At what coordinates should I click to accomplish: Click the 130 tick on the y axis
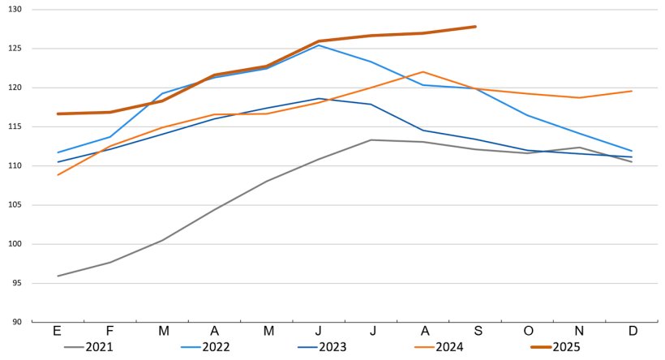pyautogui.click(x=15, y=9)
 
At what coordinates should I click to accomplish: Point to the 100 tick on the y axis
pyautogui.click(x=15, y=244)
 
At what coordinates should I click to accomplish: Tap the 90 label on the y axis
pyautogui.click(x=17, y=323)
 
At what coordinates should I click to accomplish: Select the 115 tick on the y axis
pyautogui.click(x=15, y=126)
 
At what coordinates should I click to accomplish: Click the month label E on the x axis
pyautogui.click(x=58, y=331)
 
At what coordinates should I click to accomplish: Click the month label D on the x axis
pyautogui.click(x=632, y=331)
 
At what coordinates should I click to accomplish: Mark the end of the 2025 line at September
pyautogui.click(x=475, y=27)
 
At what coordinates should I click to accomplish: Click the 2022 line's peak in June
pyautogui.click(x=319, y=45)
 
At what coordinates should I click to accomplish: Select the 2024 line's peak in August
pyautogui.click(x=423, y=72)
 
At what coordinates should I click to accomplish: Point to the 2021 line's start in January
pyautogui.click(x=58, y=276)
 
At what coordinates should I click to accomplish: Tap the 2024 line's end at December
pyautogui.click(x=632, y=91)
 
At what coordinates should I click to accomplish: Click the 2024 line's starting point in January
pyautogui.click(x=58, y=175)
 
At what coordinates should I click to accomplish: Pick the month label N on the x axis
pyautogui.click(x=580, y=331)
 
